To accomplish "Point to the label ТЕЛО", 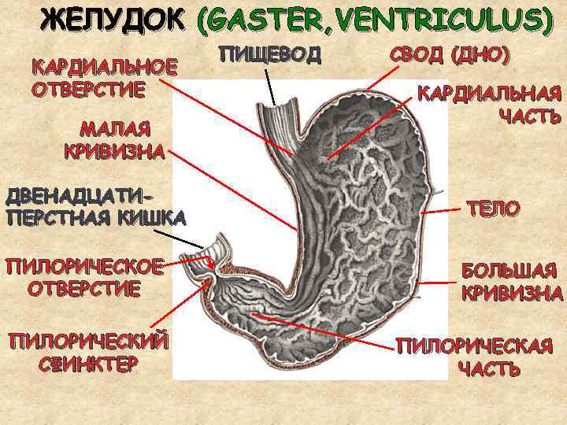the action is (493, 209).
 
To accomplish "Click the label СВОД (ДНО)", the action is (450, 54).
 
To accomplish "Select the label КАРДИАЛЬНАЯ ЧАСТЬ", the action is (489, 104).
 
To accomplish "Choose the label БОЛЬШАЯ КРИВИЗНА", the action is (512, 283).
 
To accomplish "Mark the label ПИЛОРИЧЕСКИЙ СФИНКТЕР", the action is (87, 352).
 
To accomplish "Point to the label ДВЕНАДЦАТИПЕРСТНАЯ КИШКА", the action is (94, 205).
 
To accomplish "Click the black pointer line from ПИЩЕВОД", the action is (269, 85).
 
